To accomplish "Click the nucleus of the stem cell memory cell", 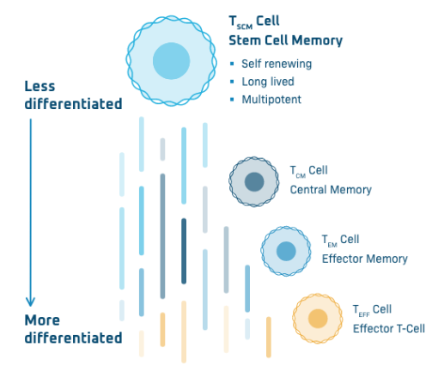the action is point(171,61).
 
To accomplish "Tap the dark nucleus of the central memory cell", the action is point(254,182).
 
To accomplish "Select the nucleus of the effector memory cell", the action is point(286,251).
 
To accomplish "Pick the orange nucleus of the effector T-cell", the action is point(318,319).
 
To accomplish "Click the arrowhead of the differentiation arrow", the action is point(30,303).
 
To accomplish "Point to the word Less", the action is point(40,86).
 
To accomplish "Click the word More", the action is point(42,320).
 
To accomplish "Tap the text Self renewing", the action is point(277,64).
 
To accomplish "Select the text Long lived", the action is point(268,82).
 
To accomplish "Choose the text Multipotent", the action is point(271,100).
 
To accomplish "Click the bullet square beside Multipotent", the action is point(232,100).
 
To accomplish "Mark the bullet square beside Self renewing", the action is point(232,64).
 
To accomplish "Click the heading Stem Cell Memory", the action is point(286,40).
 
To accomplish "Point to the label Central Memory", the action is point(331,190).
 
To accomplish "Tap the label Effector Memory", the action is point(365,259).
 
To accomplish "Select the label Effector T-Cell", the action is point(389,328).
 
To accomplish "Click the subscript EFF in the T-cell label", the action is point(364,315).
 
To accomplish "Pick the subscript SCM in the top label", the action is point(245,27).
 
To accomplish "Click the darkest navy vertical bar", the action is point(184,251).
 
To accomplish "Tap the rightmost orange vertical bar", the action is point(269,337).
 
